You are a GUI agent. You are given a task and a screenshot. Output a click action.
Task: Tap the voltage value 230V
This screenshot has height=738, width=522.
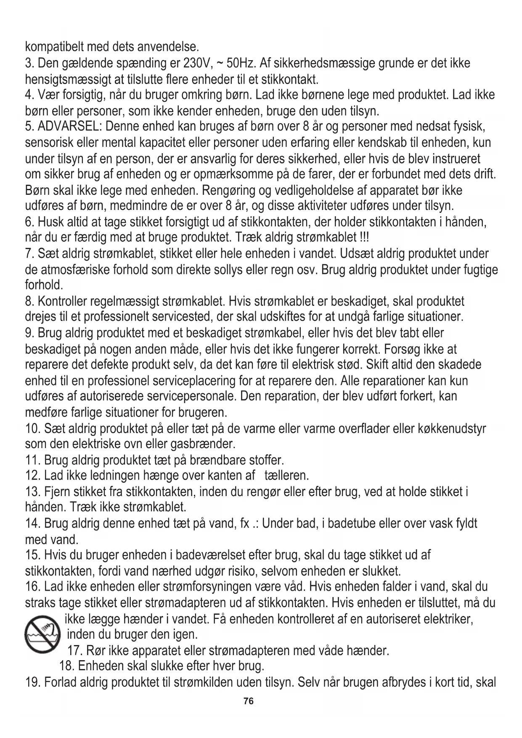click(x=195, y=64)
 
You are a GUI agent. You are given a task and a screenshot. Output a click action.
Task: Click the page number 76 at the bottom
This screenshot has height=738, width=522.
click(x=249, y=701)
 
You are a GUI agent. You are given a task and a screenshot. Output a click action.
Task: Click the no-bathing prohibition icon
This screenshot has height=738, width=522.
click(x=41, y=634)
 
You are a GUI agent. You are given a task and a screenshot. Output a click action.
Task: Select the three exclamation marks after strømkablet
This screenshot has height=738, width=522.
click(x=364, y=237)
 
